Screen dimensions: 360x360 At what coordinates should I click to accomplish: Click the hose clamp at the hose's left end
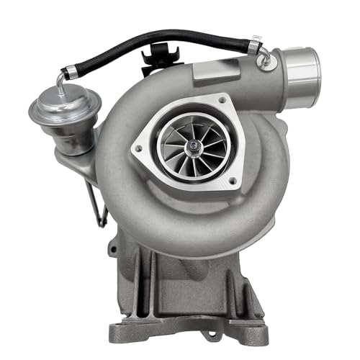(69, 71)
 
